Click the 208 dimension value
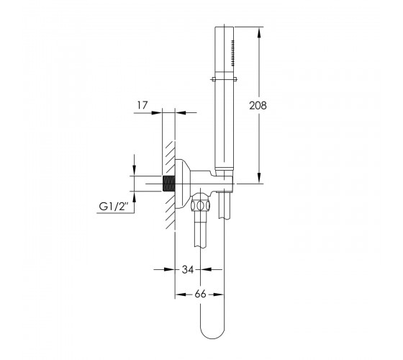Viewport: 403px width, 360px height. pyautogui.click(x=258, y=106)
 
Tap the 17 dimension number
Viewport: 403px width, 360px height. pyautogui.click(x=142, y=105)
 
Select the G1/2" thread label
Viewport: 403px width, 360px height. pyautogui.click(x=114, y=207)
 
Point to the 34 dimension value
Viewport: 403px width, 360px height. pyautogui.click(x=188, y=269)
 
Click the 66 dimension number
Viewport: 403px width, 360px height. pyautogui.click(x=200, y=294)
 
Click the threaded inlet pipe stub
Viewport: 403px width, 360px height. pyautogui.click(x=169, y=184)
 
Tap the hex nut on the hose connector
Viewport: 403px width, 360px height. pyautogui.click(x=201, y=206)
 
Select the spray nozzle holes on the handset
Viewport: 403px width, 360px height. pyautogui.click(x=233, y=53)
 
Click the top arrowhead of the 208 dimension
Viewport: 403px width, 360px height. pyautogui.click(x=259, y=33)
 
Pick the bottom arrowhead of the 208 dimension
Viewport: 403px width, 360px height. pyautogui.click(x=259, y=177)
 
